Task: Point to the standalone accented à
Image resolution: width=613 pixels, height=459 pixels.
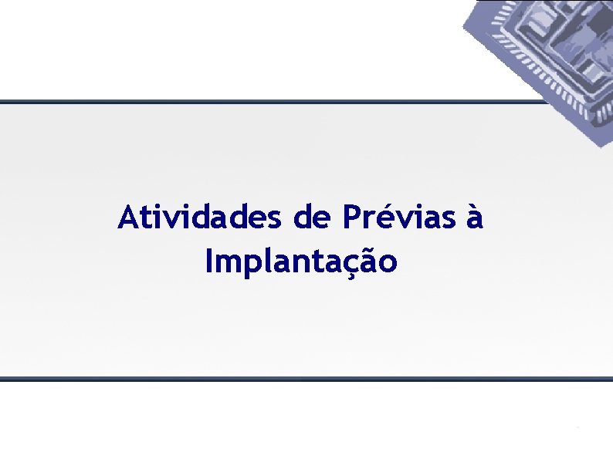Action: pyautogui.click(x=474, y=218)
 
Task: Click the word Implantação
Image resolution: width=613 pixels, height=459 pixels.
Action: pyautogui.click(x=302, y=262)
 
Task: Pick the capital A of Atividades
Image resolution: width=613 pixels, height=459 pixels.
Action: pyautogui.click(x=128, y=218)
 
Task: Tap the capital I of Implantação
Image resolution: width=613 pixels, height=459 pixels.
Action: pyautogui.click(x=210, y=262)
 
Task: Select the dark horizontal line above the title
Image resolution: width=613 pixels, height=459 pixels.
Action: pyautogui.click(x=270, y=102)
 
